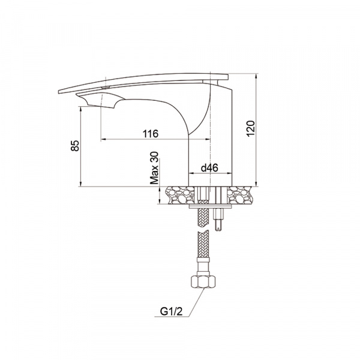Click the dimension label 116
pos(151,134)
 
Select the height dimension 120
pos(250,128)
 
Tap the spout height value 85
pos(75,146)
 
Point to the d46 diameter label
pos(209,168)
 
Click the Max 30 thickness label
pos(154,168)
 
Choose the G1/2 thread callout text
pos(171,311)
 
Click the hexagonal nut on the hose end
pos(203,281)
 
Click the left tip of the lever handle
pos(59,92)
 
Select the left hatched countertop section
pos(180,195)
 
